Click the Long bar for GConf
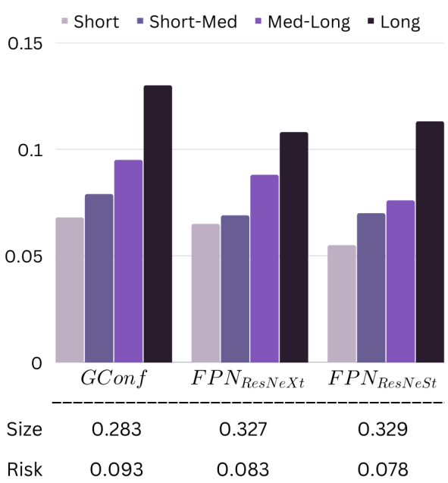point(158,224)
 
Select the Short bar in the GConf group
point(70,290)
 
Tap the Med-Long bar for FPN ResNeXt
point(265,268)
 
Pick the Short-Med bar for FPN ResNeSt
point(371,287)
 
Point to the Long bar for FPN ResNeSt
point(430,242)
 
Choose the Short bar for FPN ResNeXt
point(205,293)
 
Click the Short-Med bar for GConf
point(99,278)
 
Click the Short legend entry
point(90,22)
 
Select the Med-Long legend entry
point(303,22)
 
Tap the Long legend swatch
point(371,21)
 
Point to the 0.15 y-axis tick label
point(25,43)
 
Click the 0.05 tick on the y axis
point(23,256)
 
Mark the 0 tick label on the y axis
point(36,363)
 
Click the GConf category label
point(113,378)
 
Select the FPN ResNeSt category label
point(382,379)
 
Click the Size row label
point(24,429)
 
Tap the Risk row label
point(24,469)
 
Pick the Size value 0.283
point(117,429)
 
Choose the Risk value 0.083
point(243,469)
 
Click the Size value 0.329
point(382,429)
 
